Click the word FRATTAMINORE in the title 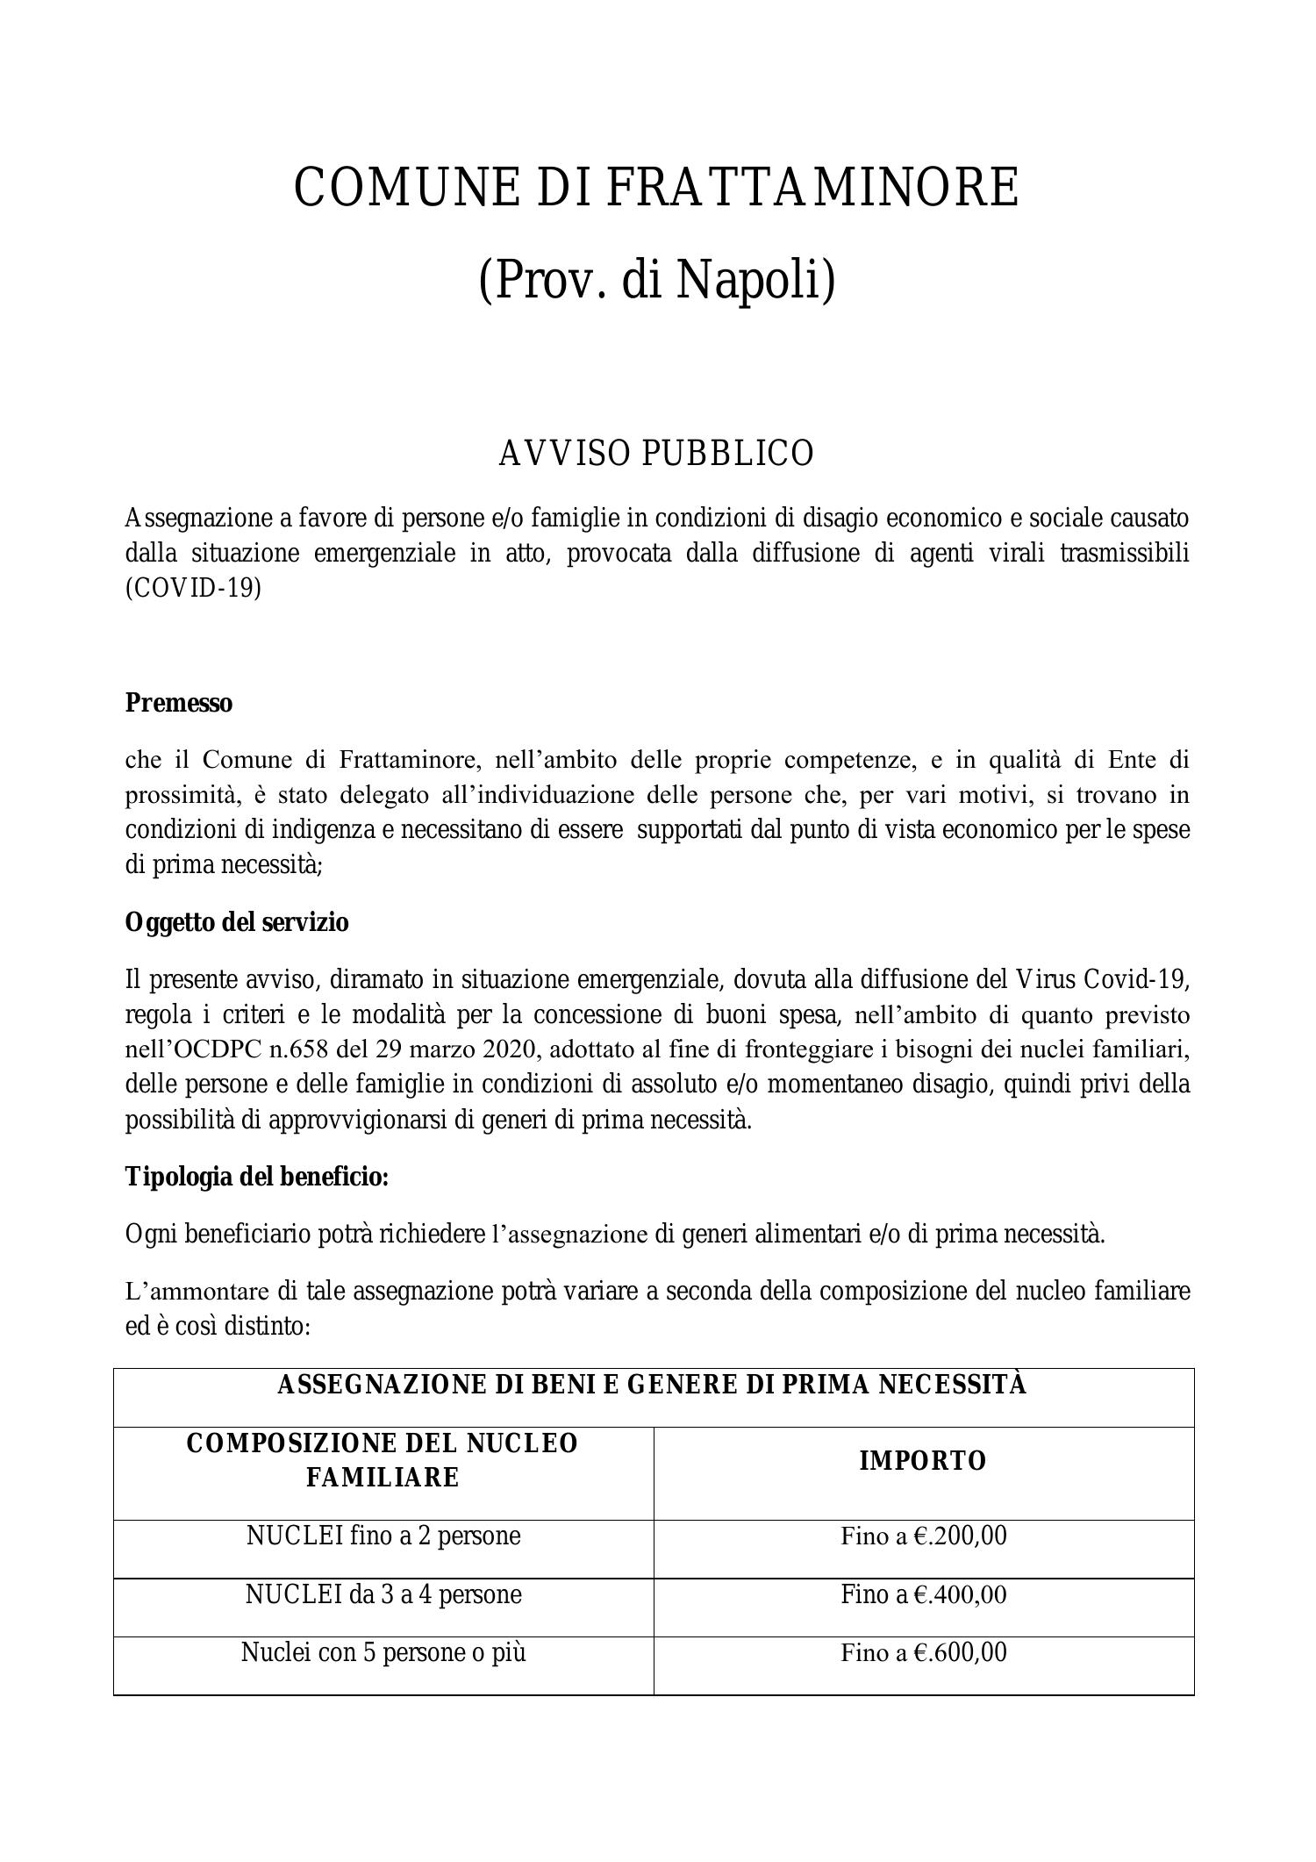[x=812, y=187]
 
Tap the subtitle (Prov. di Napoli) [x=656, y=280]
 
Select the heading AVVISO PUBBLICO [x=656, y=454]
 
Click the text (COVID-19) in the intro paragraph [x=193, y=588]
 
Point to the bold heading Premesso [x=179, y=703]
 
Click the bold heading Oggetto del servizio [x=237, y=922]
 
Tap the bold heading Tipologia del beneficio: [x=257, y=1177]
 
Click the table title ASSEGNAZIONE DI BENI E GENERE [x=652, y=1385]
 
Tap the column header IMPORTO [x=923, y=1461]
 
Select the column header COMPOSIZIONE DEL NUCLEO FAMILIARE [x=383, y=1460]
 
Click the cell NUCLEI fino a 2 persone [x=383, y=1536]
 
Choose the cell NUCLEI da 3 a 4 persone [x=383, y=1594]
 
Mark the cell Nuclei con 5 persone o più [x=383, y=1653]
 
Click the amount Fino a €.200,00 [x=924, y=1536]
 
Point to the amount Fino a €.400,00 [x=924, y=1594]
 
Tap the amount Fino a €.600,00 [x=924, y=1653]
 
